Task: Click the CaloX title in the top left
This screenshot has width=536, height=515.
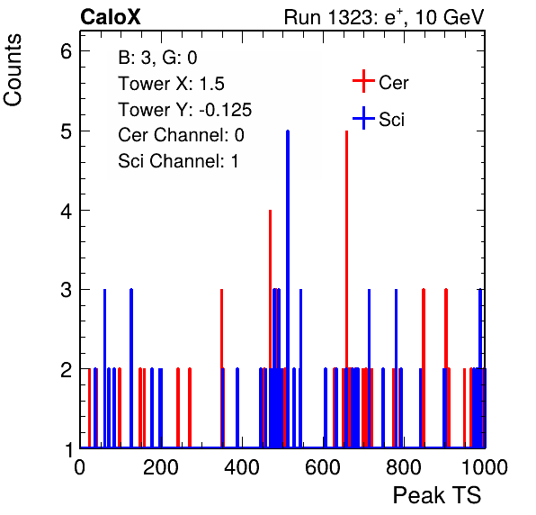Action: tap(111, 17)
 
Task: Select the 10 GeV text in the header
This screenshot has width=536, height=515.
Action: tap(450, 17)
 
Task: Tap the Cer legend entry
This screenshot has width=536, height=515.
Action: tap(380, 82)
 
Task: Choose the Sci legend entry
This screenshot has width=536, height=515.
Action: tap(379, 119)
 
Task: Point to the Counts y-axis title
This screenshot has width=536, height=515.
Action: tap(13, 70)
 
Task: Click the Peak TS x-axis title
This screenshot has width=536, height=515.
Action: tap(437, 495)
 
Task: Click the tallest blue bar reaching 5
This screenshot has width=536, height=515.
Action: tap(288, 289)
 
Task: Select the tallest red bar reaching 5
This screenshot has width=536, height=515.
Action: tap(346, 289)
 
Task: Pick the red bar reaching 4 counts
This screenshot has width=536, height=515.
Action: tap(270, 329)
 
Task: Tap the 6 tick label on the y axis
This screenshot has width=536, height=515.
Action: tap(67, 51)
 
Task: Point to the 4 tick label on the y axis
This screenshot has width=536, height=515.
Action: tap(67, 211)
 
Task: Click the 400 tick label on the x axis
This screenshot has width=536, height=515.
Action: tap(242, 467)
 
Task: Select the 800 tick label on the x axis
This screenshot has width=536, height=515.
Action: tap(404, 467)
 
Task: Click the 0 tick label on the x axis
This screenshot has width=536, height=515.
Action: tap(80, 467)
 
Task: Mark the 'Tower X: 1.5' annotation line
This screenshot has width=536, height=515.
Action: tap(171, 84)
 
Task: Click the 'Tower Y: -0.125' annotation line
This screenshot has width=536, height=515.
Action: tap(185, 110)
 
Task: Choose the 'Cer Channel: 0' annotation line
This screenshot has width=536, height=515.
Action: tap(181, 135)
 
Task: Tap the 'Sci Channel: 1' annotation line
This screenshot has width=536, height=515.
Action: tap(178, 161)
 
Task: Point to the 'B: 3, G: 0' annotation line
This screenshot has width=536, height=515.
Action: tap(157, 58)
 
